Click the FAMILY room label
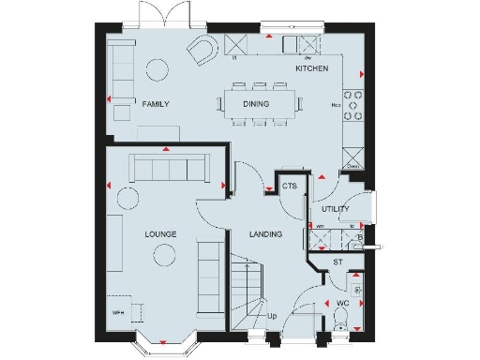(155, 104)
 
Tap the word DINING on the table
(256, 104)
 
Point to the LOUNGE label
(161, 232)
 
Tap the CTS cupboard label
(289, 187)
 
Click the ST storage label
(337, 262)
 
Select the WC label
(342, 303)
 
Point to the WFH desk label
(118, 311)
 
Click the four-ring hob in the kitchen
(353, 105)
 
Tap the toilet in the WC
(339, 323)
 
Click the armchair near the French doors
(202, 51)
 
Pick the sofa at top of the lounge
(170, 169)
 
